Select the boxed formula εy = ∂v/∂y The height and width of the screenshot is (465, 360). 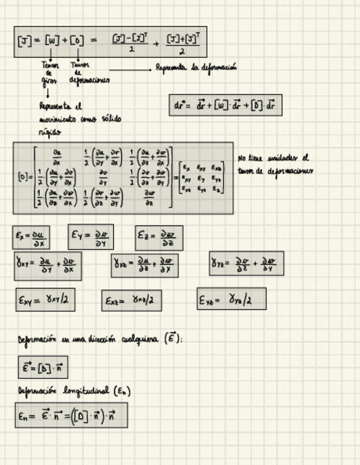pyautogui.click(x=91, y=236)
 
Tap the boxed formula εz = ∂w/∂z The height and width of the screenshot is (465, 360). pyautogui.click(x=159, y=238)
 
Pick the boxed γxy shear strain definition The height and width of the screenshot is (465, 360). pyautogui.click(x=48, y=265)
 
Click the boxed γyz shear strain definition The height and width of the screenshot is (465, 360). pyautogui.click(x=246, y=264)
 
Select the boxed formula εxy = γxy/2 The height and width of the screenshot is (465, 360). pyautogui.click(x=45, y=300)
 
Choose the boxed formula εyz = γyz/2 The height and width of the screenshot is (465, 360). pyautogui.click(x=231, y=299)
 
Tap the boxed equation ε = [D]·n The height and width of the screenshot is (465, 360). pyautogui.click(x=43, y=367)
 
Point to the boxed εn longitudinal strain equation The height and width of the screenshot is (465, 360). pyautogui.click(x=71, y=415)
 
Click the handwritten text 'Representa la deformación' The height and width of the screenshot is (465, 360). pyautogui.click(x=196, y=68)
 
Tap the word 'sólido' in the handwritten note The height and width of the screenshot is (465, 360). pyautogui.click(x=111, y=118)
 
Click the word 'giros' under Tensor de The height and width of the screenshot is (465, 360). pyautogui.click(x=49, y=81)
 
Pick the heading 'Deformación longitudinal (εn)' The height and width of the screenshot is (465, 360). pyautogui.click(x=74, y=391)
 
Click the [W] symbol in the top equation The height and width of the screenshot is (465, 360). pyautogui.click(x=52, y=41)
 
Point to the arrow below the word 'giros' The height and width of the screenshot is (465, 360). pyautogui.click(x=48, y=92)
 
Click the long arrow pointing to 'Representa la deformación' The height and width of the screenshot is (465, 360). pyautogui.click(x=130, y=70)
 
